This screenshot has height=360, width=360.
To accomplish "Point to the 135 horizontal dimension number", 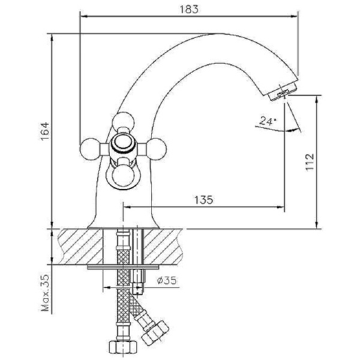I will [x=203, y=200].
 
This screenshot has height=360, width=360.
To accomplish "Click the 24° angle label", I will [x=268, y=121].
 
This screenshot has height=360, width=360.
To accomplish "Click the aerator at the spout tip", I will [x=281, y=93].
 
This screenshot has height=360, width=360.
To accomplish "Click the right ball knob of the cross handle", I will [x=157, y=147].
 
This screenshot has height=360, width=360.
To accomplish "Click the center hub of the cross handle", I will [x=123, y=145].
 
